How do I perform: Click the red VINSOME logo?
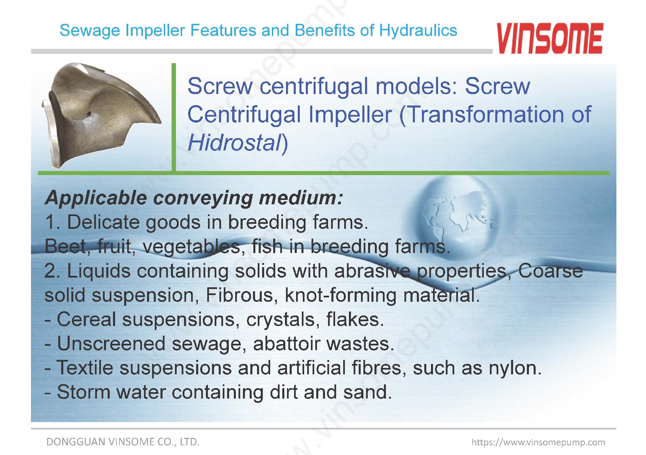tap(550, 38)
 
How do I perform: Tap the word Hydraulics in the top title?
tap(418, 31)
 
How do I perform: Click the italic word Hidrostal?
tap(235, 142)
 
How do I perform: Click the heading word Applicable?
tap(96, 198)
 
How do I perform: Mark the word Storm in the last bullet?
tap(84, 392)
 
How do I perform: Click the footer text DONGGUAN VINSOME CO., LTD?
tap(123, 442)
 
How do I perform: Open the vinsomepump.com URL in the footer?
tap(538, 442)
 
